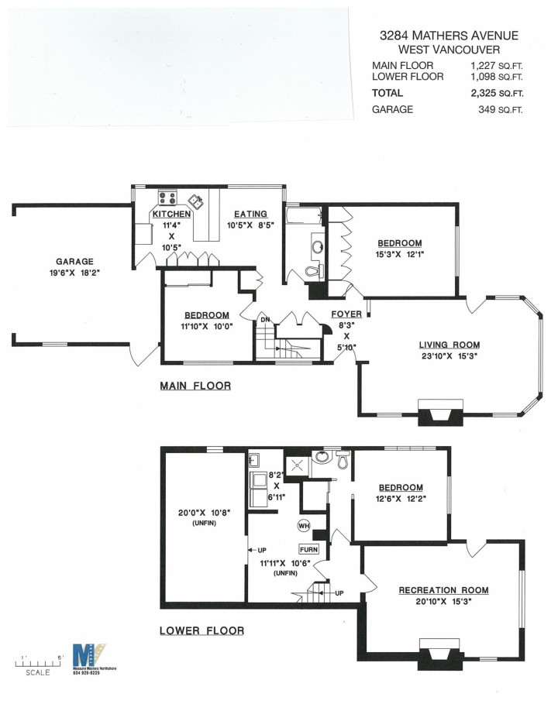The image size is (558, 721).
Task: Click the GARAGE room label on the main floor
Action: click(74, 262)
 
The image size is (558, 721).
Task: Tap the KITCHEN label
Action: click(171, 215)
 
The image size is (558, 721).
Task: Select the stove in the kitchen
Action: click(165, 197)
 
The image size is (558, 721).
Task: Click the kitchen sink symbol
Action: click(198, 202)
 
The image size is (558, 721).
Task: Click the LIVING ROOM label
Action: click(449, 345)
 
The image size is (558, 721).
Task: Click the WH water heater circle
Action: click(304, 526)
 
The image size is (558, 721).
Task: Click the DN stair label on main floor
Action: click(264, 319)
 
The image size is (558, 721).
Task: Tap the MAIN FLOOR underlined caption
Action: click(195, 385)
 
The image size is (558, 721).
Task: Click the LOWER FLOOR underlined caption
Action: click(201, 630)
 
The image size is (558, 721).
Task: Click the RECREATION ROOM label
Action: click(444, 590)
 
